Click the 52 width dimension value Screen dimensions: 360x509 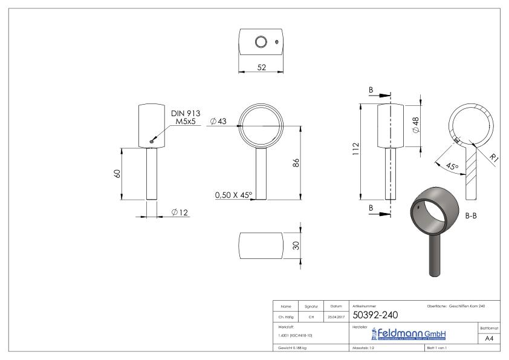pos(261,68)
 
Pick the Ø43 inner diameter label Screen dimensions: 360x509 pos(218,122)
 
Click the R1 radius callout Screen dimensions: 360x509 pos(494,159)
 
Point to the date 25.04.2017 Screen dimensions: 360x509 pos(335,315)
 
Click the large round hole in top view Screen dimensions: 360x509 pos(261,42)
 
